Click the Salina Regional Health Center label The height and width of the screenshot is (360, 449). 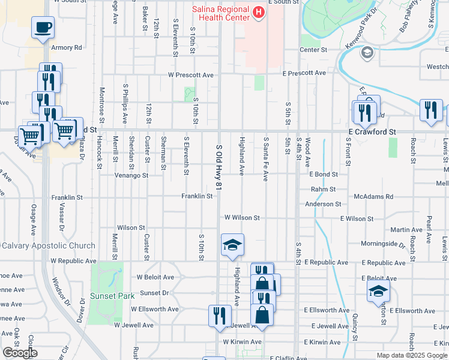point(220,14)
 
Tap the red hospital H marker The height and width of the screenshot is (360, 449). point(258,12)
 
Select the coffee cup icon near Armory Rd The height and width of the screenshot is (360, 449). point(43,28)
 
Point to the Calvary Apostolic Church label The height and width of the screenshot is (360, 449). point(48,245)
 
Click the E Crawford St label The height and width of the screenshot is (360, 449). point(372,131)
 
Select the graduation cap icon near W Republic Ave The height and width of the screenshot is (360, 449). point(232,245)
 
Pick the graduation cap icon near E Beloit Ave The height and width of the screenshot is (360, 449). point(379,291)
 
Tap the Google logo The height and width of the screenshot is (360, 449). point(19,353)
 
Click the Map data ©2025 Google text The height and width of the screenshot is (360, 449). point(411,355)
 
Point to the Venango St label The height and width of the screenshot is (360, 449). point(132,176)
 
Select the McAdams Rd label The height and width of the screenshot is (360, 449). point(373,196)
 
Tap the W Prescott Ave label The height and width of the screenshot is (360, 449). point(191,75)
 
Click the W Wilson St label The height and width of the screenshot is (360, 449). point(242,218)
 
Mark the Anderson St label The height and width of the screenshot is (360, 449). point(323,204)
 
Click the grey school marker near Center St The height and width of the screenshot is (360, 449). point(366,53)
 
